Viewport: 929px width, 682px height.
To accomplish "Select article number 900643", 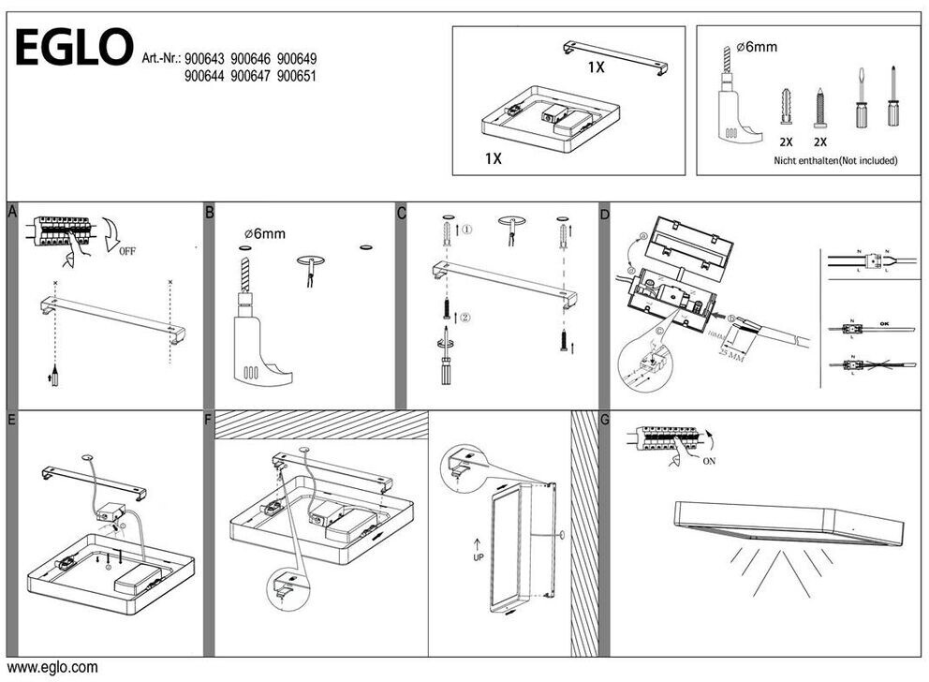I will click(x=205, y=58).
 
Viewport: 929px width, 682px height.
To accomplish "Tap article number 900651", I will click(x=297, y=76).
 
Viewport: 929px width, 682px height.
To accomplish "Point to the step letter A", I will click(x=11, y=213).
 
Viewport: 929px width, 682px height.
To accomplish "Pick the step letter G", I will click(x=604, y=419).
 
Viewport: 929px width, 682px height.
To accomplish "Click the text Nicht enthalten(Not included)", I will click(x=835, y=160).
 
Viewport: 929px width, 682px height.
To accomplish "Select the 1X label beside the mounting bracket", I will click(x=597, y=67).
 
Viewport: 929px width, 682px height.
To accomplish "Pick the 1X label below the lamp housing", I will click(x=493, y=159).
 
